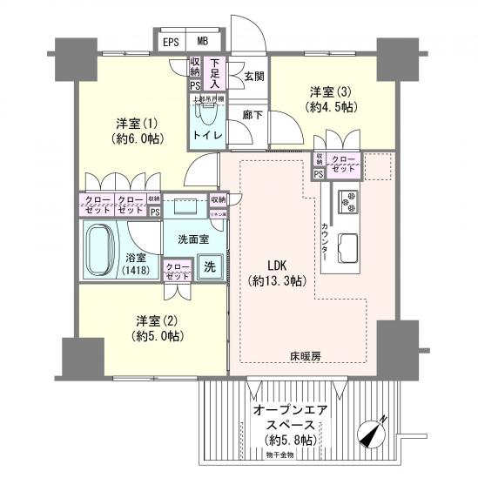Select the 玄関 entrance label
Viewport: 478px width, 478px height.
click(x=253, y=76)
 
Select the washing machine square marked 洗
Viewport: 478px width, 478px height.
click(x=209, y=267)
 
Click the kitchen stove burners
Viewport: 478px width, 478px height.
click(x=351, y=203)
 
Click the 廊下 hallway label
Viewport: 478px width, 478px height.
click(x=252, y=113)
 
